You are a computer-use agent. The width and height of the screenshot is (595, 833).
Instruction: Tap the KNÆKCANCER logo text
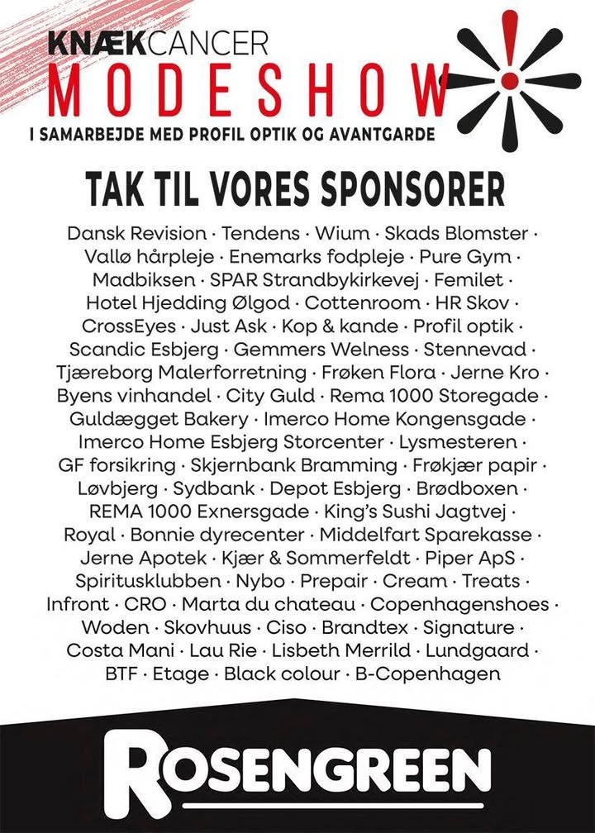[158, 41]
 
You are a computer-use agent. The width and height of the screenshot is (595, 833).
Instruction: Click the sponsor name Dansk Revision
[136, 233]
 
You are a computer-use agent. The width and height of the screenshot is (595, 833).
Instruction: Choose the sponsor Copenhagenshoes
[459, 603]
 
